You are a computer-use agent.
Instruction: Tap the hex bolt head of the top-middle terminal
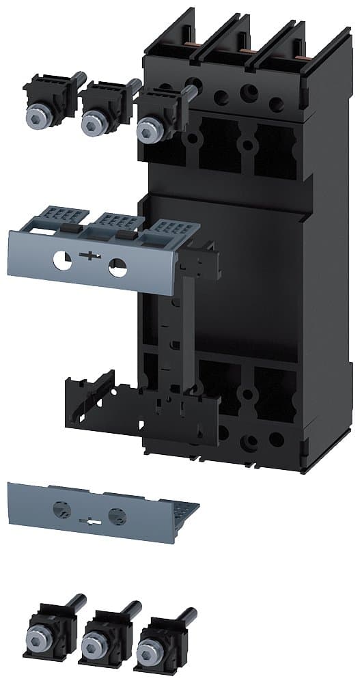click(91, 124)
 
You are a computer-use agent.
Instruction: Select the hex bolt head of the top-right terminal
click(146, 129)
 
